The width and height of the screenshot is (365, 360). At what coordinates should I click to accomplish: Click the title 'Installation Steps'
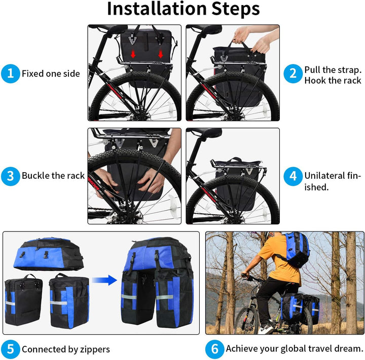click(183, 9)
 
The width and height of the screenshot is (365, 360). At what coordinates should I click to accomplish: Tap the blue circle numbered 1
click(10, 74)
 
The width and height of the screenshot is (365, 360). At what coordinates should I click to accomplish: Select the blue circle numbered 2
click(293, 74)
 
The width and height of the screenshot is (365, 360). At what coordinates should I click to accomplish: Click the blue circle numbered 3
click(10, 176)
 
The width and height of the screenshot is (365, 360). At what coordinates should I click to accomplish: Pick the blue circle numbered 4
click(293, 176)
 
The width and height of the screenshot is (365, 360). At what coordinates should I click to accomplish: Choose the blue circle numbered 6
click(214, 349)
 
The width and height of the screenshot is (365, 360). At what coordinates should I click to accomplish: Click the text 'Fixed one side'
click(51, 74)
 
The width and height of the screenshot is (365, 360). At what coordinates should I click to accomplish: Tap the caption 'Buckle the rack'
click(53, 176)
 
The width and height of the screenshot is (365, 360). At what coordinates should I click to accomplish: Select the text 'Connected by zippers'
click(65, 349)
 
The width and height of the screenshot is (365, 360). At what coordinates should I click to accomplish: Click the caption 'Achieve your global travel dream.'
click(295, 349)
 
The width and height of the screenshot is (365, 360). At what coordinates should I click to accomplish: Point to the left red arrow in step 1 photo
click(134, 54)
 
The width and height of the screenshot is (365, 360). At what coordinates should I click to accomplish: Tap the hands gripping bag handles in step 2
click(253, 41)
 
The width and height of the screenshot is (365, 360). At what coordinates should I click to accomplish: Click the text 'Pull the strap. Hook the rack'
click(333, 74)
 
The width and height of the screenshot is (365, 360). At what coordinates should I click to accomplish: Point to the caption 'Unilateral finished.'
click(332, 181)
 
